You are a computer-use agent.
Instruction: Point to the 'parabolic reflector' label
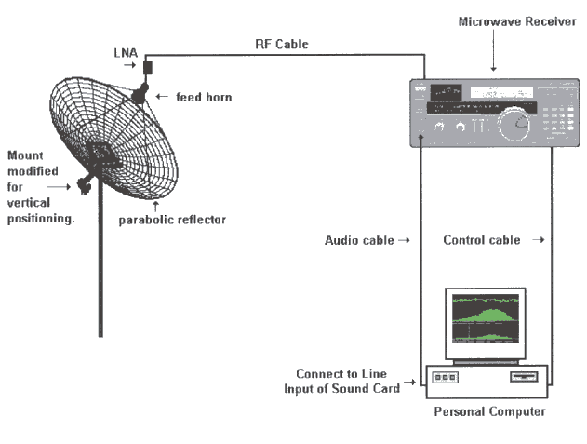[x=172, y=221]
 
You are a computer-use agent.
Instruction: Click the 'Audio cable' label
[x=355, y=240]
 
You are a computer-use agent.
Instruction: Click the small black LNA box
[x=147, y=68]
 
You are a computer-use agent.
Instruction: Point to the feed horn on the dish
[x=140, y=93]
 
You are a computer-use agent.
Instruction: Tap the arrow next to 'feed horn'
[x=159, y=96]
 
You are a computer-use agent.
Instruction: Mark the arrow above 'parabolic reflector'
[x=156, y=204]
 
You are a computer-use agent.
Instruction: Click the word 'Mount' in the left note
[x=26, y=155]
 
